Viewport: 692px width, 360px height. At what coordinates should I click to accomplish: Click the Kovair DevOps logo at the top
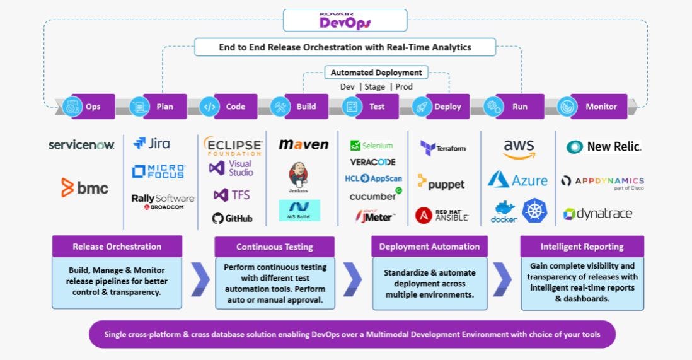346,20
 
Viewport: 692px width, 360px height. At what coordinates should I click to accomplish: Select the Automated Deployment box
376,73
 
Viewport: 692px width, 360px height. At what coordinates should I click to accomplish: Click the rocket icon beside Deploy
422,107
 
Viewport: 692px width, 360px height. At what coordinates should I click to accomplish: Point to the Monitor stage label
601,107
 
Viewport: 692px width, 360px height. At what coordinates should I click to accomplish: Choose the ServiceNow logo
81,145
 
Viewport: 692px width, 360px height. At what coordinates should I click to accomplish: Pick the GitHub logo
233,218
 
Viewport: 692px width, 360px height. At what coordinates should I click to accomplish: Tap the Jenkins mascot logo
298,177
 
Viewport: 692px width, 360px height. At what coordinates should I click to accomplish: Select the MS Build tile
299,211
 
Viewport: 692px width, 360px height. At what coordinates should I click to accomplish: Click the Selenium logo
372,145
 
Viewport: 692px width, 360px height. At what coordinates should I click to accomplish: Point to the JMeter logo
374,216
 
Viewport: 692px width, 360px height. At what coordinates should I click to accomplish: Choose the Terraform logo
443,148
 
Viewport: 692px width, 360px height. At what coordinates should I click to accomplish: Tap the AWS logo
519,149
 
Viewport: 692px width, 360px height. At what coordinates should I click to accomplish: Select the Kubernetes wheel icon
535,211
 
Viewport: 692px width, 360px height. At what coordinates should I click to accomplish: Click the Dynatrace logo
597,214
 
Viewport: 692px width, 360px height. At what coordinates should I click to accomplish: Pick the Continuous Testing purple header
274,247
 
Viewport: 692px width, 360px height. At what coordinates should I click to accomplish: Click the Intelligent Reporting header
582,247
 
